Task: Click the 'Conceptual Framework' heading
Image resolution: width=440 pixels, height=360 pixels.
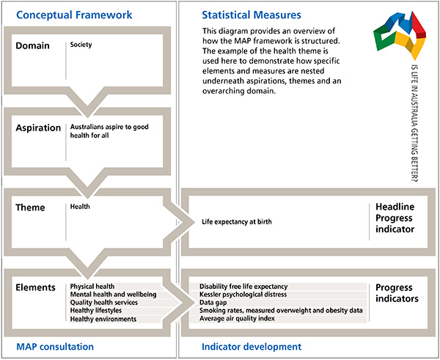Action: (65, 14)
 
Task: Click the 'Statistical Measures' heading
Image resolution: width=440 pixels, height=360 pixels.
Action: (249, 14)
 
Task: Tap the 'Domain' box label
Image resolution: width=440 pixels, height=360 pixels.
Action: (33, 45)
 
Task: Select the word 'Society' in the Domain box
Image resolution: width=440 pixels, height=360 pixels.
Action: (81, 45)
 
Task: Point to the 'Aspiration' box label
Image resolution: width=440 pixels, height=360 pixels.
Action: (38, 127)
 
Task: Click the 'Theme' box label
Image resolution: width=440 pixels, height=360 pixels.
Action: (31, 207)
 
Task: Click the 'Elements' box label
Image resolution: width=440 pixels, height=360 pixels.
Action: (37, 287)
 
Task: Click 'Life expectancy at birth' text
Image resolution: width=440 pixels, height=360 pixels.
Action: (238, 221)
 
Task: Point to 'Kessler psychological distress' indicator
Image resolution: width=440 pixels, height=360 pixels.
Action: (243, 295)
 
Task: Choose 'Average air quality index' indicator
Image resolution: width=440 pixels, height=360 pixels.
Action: (237, 319)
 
